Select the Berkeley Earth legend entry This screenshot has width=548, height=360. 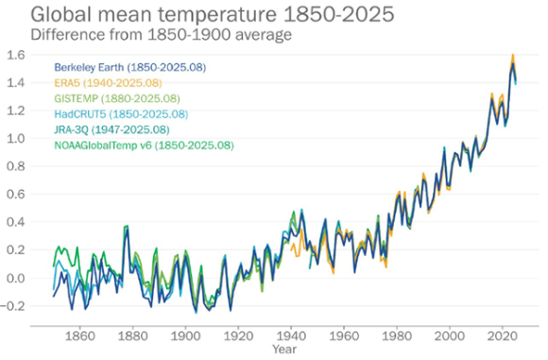point(130,68)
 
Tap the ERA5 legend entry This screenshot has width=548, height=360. point(106,83)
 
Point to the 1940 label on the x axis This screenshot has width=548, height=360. point(291,334)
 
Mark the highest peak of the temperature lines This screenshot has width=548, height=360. point(512,56)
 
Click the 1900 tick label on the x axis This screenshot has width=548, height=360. point(184,334)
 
